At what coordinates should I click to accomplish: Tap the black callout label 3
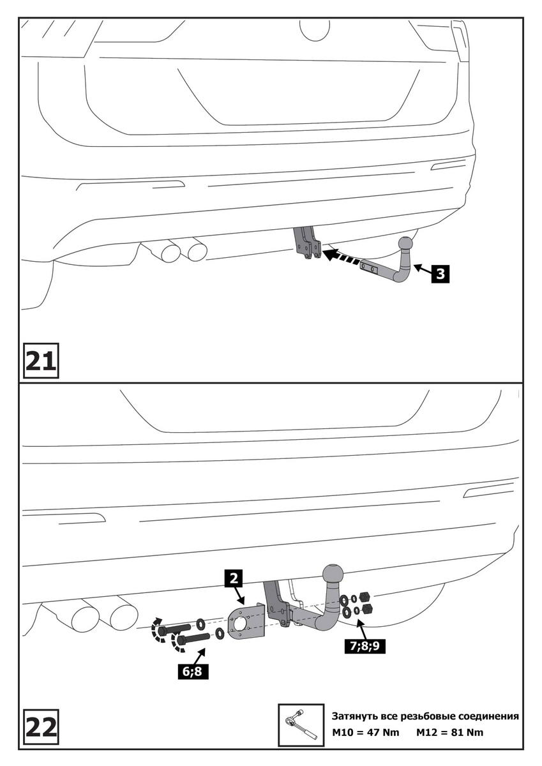point(439,274)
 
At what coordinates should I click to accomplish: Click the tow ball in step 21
point(407,244)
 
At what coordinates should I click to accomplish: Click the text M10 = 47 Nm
point(366,732)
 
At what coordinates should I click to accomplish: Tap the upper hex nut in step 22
point(365,596)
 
